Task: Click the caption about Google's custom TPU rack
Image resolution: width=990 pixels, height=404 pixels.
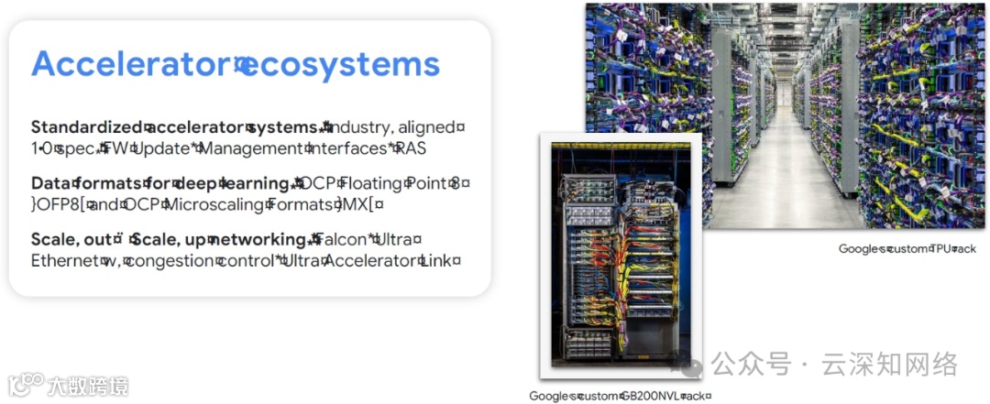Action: [907, 249]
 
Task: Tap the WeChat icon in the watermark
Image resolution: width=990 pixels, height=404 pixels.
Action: [690, 366]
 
